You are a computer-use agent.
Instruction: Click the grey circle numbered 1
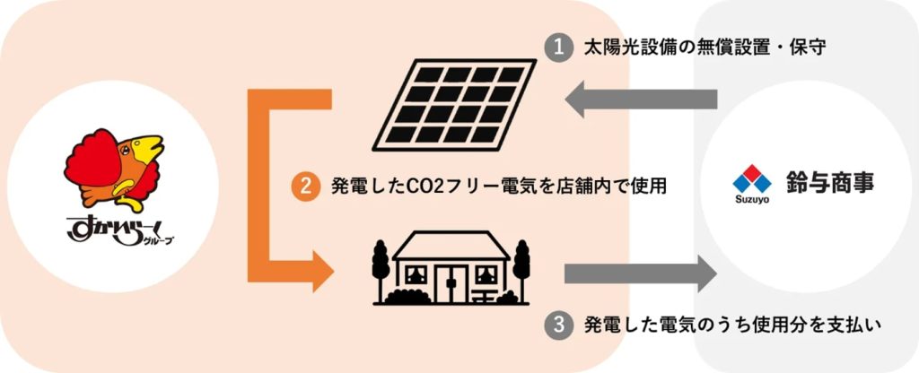click(558, 48)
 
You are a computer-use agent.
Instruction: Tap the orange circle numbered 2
click(306, 186)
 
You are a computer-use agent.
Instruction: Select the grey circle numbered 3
click(558, 325)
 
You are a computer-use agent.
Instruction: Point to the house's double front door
click(451, 282)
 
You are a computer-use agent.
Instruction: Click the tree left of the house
click(381, 268)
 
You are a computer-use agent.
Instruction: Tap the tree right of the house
click(521, 268)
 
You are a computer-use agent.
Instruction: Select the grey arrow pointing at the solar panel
click(641, 99)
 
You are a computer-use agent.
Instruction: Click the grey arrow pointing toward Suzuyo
click(641, 273)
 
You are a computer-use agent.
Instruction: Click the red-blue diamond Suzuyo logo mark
click(751, 179)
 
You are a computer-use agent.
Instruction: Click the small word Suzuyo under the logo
click(752, 200)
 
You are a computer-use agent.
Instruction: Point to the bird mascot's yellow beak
click(147, 149)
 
